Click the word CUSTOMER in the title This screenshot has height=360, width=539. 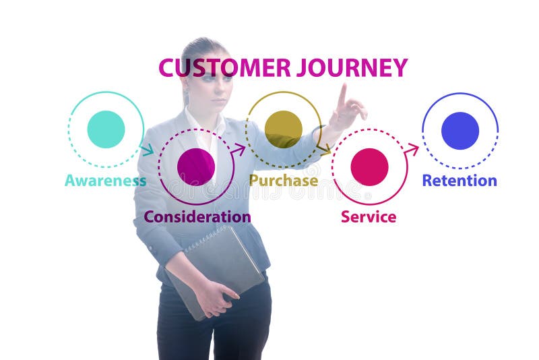click(224, 68)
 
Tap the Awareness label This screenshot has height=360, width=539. click(105, 181)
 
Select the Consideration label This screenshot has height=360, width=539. click(197, 217)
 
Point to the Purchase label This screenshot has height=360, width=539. click(284, 181)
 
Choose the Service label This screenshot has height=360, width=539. click(369, 217)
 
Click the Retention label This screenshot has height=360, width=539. click(459, 181)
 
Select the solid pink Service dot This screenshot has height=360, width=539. click(369, 167)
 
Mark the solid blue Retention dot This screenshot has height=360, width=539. click(460, 131)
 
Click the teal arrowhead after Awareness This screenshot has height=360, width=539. click(148, 150)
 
